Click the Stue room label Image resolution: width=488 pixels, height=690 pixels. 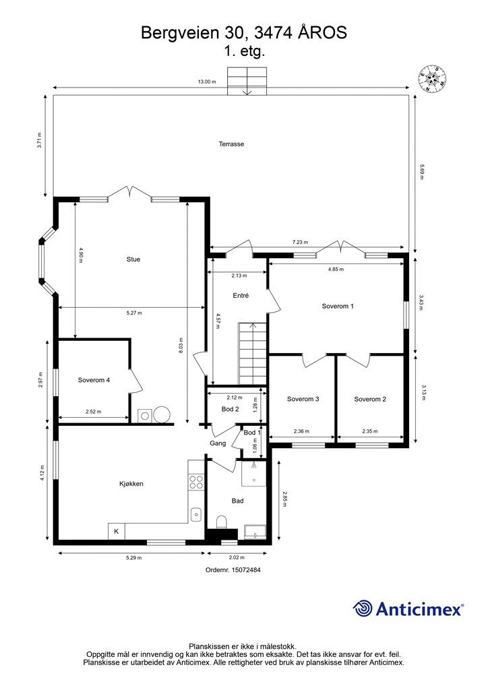pos(133,259)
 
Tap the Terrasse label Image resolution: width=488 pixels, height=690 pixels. pos(231,144)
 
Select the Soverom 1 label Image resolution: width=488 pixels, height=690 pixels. pos(338,306)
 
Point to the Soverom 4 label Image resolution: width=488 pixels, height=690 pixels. pos(94,380)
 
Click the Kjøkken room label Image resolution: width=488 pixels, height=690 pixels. pos(131,484)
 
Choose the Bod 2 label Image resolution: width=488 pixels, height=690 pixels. pos(230,409)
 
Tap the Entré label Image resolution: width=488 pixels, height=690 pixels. pos(241,295)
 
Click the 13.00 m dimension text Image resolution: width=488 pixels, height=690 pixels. pos(207,82)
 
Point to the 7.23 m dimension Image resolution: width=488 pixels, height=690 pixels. pos(300,242)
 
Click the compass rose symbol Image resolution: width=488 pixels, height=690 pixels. pos(433,78)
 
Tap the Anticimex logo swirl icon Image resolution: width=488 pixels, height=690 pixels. pos(363,608)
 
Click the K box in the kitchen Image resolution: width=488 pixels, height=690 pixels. pos(116,531)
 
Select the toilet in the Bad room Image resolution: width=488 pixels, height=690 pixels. pos(221,522)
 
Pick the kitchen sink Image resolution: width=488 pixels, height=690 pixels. pos(196,513)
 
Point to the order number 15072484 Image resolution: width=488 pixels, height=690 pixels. pos(233,569)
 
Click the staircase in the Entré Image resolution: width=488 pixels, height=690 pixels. pos(253,354)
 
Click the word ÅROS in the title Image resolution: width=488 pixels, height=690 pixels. pos(323,32)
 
